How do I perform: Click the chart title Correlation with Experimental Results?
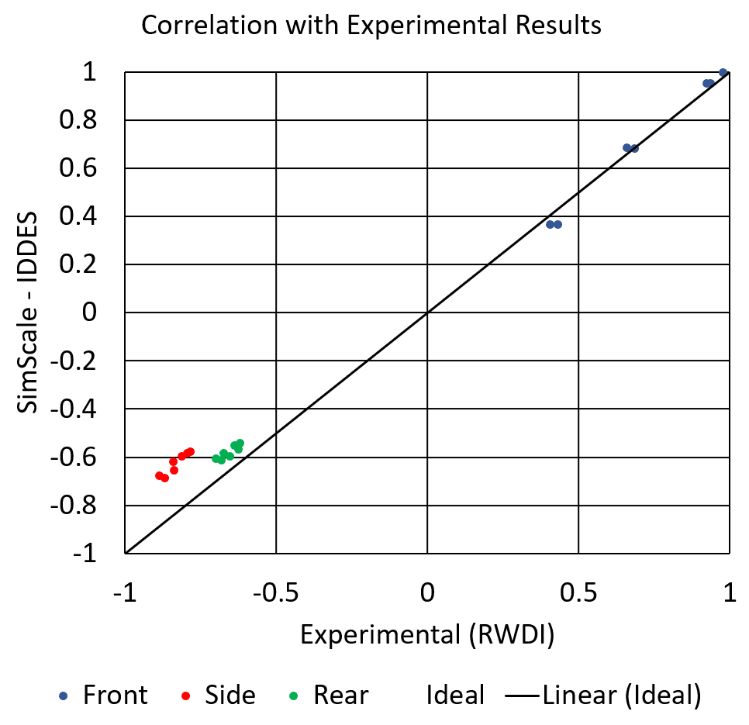pos(371,26)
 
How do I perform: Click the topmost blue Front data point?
pos(723,73)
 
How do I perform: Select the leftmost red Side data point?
pos(159,475)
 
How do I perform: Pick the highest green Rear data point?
pos(240,443)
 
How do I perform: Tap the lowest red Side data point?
pos(164,478)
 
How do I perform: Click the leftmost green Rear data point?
pos(216,458)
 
